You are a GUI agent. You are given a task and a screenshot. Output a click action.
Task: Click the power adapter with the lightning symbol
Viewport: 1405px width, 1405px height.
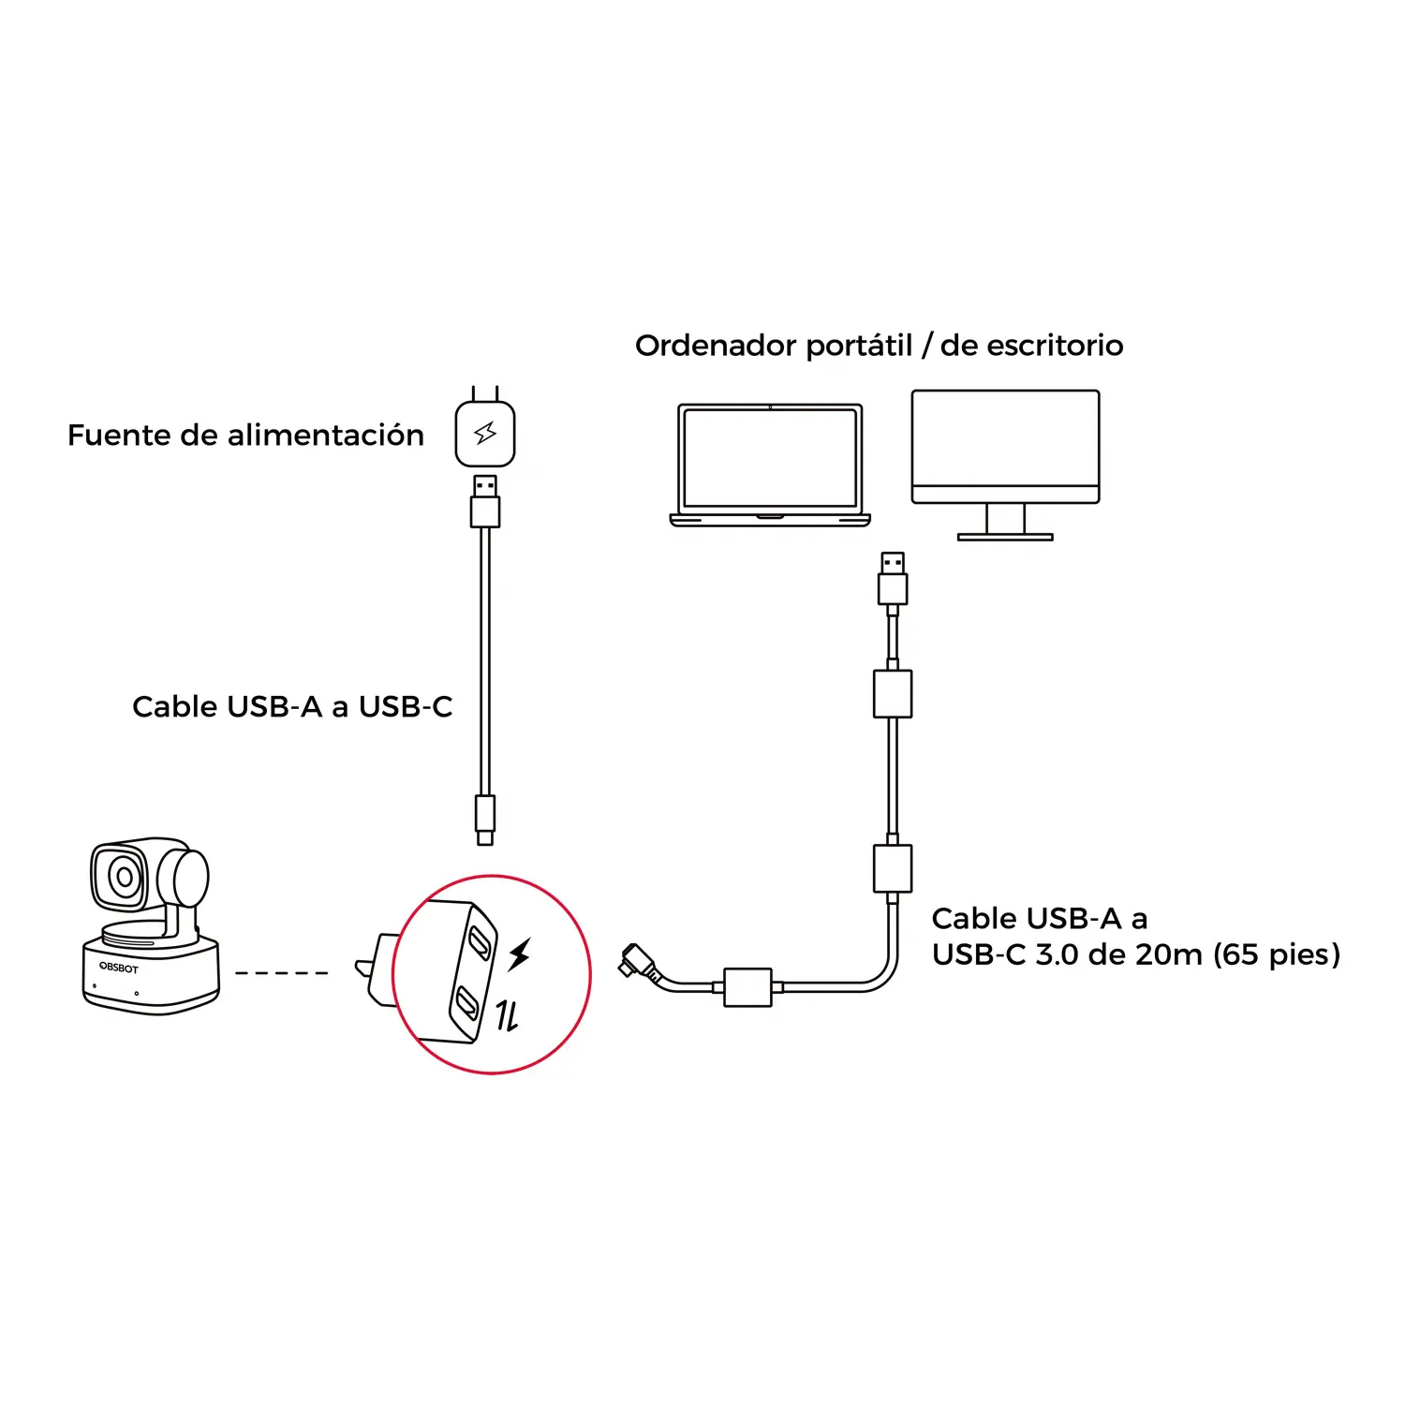[x=485, y=433]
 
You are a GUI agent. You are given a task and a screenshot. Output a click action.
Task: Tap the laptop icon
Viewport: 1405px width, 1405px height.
[x=770, y=465]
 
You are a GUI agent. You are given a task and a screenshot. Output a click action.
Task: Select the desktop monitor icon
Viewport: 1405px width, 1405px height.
[x=1005, y=447]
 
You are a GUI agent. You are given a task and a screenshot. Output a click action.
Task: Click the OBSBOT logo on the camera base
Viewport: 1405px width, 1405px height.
[x=119, y=967]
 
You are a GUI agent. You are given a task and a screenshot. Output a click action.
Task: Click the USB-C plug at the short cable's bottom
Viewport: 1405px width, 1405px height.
[x=485, y=818]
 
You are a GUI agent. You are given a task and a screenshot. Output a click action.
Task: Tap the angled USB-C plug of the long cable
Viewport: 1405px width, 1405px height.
[x=637, y=961]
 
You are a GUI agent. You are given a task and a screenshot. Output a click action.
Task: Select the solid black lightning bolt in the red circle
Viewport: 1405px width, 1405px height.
[x=520, y=954]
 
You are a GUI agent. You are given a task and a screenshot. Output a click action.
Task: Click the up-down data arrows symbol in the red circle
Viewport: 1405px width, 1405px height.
[x=507, y=1014]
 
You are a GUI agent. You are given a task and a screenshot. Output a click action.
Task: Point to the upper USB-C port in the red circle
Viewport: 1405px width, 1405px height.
[x=481, y=941]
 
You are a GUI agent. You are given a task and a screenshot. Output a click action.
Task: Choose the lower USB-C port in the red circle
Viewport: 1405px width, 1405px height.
[x=467, y=1004]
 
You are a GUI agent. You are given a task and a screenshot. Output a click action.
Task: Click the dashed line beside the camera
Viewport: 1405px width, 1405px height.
[x=281, y=973]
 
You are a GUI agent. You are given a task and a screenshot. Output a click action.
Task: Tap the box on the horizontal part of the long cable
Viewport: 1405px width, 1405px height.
[x=747, y=987]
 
